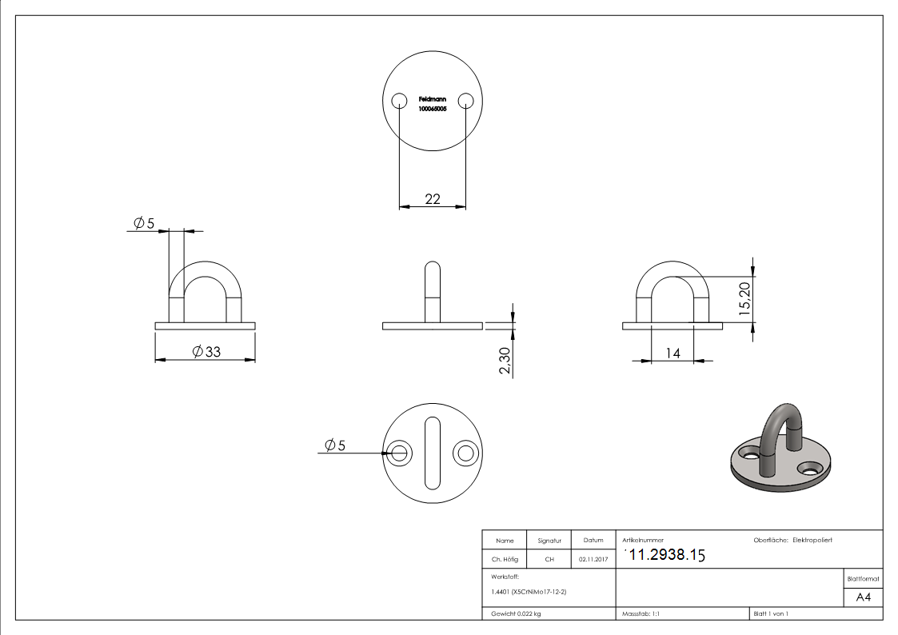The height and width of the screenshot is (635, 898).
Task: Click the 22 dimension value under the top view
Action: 432,199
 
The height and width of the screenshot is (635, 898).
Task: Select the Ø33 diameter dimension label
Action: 201,351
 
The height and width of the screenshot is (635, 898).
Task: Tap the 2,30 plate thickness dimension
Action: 504,361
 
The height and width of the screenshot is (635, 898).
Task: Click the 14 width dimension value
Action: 673,353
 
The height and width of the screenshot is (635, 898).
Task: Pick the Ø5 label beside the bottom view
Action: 335,445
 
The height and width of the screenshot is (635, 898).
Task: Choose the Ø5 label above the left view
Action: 144,222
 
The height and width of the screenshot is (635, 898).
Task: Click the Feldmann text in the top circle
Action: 432,99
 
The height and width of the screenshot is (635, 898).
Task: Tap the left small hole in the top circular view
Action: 398,100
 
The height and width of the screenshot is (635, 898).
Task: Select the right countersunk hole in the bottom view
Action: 465,453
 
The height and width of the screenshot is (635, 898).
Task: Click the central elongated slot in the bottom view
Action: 432,453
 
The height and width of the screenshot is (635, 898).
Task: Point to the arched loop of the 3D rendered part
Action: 780,424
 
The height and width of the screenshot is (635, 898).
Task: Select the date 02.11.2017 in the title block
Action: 593,560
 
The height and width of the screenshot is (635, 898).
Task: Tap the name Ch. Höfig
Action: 505,560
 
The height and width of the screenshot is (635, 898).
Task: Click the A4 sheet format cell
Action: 863,597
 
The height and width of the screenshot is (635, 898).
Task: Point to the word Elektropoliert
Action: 812,540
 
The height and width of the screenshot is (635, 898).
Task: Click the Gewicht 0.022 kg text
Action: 516,613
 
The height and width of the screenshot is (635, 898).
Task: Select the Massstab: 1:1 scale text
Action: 641,613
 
